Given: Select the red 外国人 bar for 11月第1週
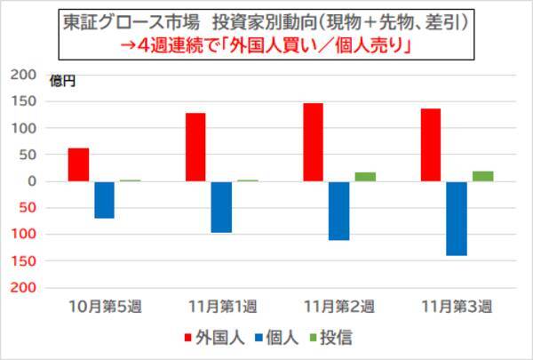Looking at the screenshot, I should pos(195,147).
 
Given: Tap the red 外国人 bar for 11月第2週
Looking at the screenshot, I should pos(313,142).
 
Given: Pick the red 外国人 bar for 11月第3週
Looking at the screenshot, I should pos(430,145).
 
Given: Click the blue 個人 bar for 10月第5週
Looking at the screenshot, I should pos(104,200).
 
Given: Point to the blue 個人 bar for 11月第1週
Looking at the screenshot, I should pos(221,207).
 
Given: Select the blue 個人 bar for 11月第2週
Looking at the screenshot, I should pos(338,211).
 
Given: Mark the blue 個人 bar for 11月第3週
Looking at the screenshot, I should pos(456,219).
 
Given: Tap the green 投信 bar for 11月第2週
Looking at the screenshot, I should pos(365,176).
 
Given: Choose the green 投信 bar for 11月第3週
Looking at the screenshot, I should pos(482,175).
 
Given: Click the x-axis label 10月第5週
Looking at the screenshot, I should pos(105,307).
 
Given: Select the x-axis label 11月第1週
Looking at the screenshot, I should pos(222,307).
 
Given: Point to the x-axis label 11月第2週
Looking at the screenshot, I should pos(339,307).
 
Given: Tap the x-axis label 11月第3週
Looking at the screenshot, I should pos(457,307).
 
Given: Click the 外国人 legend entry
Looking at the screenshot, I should pos(211,338).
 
